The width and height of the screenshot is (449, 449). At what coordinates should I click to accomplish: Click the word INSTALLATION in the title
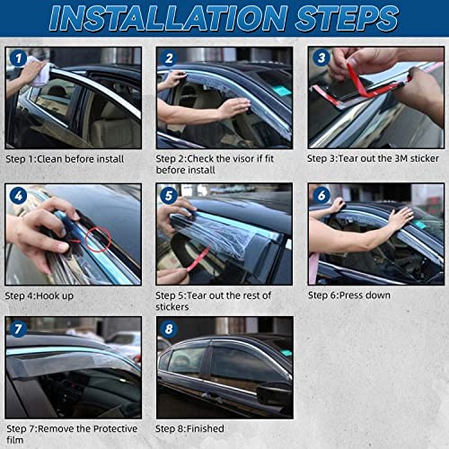pyautogui.click(x=169, y=18)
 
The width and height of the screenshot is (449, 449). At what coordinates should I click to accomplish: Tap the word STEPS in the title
pyautogui.click(x=347, y=18)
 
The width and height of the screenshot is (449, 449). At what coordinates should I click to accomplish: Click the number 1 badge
pyautogui.click(x=19, y=58)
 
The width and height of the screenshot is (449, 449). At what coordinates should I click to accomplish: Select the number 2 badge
pyautogui.click(x=169, y=58)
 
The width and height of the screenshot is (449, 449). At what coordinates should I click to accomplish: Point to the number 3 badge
pyautogui.click(x=321, y=57)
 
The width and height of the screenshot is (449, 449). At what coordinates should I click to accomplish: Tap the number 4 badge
pyautogui.click(x=19, y=196)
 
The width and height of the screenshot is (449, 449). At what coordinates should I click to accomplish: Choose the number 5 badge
pyautogui.click(x=169, y=196)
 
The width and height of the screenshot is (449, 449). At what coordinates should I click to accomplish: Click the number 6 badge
pyautogui.click(x=321, y=195)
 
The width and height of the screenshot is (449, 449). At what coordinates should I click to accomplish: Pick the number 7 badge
pyautogui.click(x=18, y=329)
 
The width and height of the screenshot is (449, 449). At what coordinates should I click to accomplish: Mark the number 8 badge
pyautogui.click(x=169, y=329)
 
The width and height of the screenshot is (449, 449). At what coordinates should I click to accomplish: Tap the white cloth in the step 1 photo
pyautogui.click(x=39, y=72)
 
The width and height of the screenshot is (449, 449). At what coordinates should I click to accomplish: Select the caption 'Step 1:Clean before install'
pyautogui.click(x=65, y=159)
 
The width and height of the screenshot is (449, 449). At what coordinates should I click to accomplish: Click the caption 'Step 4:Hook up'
pyautogui.click(x=40, y=296)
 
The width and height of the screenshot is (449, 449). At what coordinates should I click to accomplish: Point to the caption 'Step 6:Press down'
pyautogui.click(x=349, y=295)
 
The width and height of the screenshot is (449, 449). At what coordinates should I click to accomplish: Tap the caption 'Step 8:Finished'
pyautogui.click(x=189, y=428)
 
